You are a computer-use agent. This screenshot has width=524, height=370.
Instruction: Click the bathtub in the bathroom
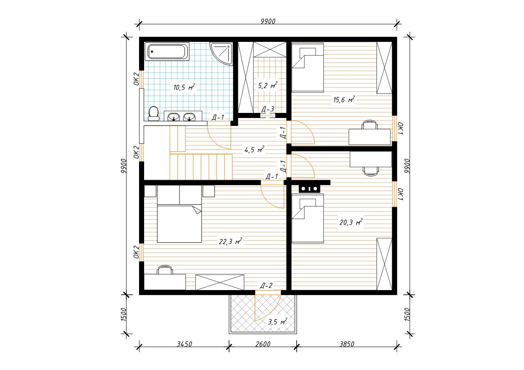point(167,52)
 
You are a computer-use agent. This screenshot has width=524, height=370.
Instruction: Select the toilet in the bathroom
point(154,114)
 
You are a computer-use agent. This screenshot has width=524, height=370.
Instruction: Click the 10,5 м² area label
point(184,87)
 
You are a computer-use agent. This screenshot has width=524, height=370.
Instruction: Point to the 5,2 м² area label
point(267,85)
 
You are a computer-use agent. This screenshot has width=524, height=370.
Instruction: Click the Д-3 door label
point(267,109)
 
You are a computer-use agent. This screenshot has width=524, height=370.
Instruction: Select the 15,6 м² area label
point(344,99)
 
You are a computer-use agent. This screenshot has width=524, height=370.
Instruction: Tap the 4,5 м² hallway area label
point(254,149)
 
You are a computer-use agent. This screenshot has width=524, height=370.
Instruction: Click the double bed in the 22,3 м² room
point(180,214)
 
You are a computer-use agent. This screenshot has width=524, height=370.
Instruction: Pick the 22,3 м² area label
point(230,241)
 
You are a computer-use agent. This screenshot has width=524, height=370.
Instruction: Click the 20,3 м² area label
point(351,222)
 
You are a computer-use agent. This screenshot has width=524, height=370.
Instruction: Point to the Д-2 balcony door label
point(266,285)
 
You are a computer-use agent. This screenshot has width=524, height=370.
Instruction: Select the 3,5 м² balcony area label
point(278,322)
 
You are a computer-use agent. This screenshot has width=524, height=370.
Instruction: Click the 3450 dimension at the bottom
point(184,344)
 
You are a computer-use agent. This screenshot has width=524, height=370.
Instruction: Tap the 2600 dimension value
point(263,344)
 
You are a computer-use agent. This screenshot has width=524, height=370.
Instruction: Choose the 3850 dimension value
point(347,344)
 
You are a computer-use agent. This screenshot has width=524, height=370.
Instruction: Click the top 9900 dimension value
point(268,21)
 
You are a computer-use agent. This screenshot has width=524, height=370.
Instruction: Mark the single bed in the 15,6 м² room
point(308,67)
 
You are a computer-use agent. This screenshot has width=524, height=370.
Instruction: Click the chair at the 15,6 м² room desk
point(370,124)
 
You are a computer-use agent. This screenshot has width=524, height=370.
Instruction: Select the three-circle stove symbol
point(309,189)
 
